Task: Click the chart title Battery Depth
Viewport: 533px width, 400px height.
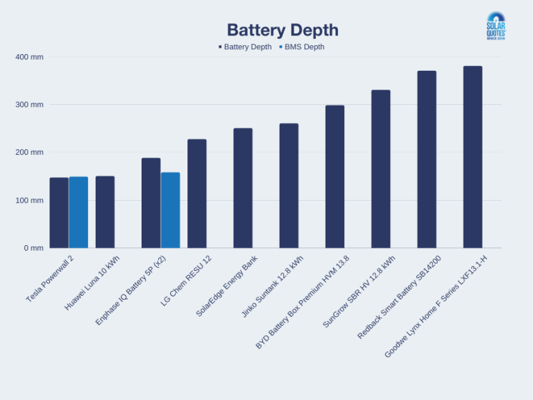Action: (282, 31)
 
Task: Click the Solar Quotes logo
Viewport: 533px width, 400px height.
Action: (496, 26)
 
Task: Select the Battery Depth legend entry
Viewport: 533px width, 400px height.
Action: (245, 47)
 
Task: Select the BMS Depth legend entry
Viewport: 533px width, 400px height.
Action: (302, 47)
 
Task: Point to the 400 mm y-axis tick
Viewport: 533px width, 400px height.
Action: (29, 57)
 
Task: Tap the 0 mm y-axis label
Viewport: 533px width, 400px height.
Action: (33, 248)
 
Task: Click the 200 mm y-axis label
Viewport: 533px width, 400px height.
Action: (29, 152)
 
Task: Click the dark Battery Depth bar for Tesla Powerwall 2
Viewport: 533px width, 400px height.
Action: (59, 212)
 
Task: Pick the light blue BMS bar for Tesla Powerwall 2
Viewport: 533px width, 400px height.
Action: (78, 212)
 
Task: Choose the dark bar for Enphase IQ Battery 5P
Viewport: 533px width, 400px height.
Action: (151, 203)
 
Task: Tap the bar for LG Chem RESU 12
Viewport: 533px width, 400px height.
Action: (197, 194)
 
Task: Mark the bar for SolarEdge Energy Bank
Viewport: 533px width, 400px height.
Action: (243, 188)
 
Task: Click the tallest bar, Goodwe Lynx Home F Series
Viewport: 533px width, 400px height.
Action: (473, 157)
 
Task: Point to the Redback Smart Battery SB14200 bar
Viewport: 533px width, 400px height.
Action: (427, 160)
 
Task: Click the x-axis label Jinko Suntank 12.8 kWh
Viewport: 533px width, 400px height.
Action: (273, 286)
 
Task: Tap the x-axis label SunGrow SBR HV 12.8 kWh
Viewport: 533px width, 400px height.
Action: (359, 291)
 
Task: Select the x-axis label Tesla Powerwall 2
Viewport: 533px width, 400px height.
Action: (50, 278)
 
